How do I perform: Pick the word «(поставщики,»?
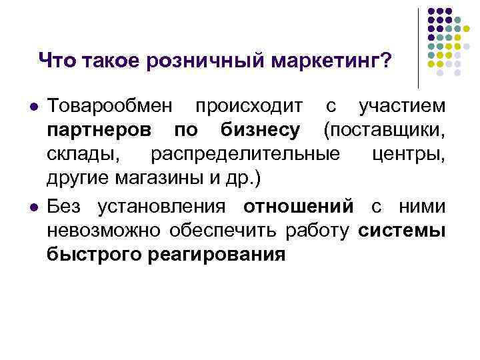coord(384,131)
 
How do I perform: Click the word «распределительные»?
coord(245,156)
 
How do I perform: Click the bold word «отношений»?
coord(298,207)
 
